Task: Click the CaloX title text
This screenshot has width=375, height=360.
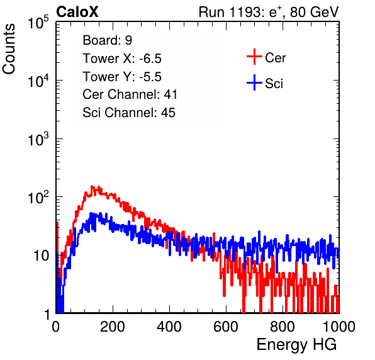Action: pos(77,12)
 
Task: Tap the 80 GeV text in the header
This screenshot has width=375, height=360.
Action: pos(314,12)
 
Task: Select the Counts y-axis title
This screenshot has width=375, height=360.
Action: pos(9,49)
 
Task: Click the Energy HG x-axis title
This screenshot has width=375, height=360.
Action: pos(296,345)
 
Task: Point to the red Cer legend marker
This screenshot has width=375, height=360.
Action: pos(254,57)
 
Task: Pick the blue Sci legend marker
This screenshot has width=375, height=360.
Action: pos(254,82)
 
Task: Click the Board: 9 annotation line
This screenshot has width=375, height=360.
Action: pos(107,40)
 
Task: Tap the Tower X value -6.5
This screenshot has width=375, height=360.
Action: pos(150,59)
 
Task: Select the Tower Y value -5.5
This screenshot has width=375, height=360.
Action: pos(150,77)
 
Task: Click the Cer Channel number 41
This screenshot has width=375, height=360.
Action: pos(171,94)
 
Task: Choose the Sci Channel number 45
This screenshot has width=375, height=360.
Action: pos(168,113)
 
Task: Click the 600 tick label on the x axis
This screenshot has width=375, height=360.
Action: pos(226,327)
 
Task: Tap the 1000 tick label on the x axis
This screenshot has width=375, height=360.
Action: pos(339,327)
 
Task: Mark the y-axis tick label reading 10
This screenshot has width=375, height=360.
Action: pos(41,256)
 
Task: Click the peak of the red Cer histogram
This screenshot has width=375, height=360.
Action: pos(92,186)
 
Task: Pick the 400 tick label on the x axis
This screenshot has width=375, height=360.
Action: pos(169,327)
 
